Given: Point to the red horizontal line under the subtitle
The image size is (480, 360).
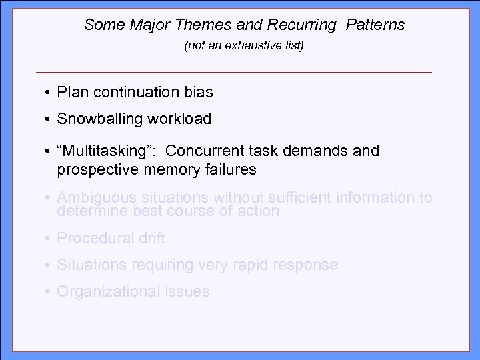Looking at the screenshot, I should point(234,71).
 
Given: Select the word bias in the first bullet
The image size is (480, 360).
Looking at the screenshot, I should point(199,93).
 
